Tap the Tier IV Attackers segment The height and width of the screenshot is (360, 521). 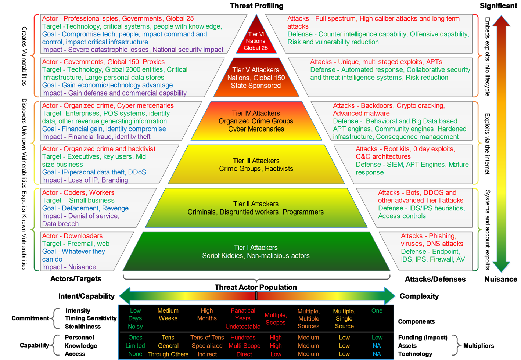coord(256,121)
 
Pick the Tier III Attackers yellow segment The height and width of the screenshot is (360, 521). coord(256,165)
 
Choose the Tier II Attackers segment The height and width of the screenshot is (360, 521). coord(256,208)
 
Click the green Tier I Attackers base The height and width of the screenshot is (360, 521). coord(256,252)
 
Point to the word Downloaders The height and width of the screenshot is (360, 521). coord(83,236)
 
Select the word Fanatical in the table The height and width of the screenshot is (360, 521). coord(243,311)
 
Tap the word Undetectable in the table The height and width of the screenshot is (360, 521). coord(243,327)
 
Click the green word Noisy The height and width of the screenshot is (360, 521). coord(135,327)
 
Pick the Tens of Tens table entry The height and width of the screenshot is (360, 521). coord(207,338)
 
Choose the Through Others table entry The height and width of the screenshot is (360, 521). coord(168,354)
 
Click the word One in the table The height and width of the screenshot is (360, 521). coord(377,311)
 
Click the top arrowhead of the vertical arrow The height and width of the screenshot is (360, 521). coord(501,21)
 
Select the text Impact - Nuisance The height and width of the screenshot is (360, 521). coord(69,267)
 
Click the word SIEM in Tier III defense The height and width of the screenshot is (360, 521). coord(395,165)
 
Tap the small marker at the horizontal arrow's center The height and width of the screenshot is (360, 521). coord(256,295)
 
